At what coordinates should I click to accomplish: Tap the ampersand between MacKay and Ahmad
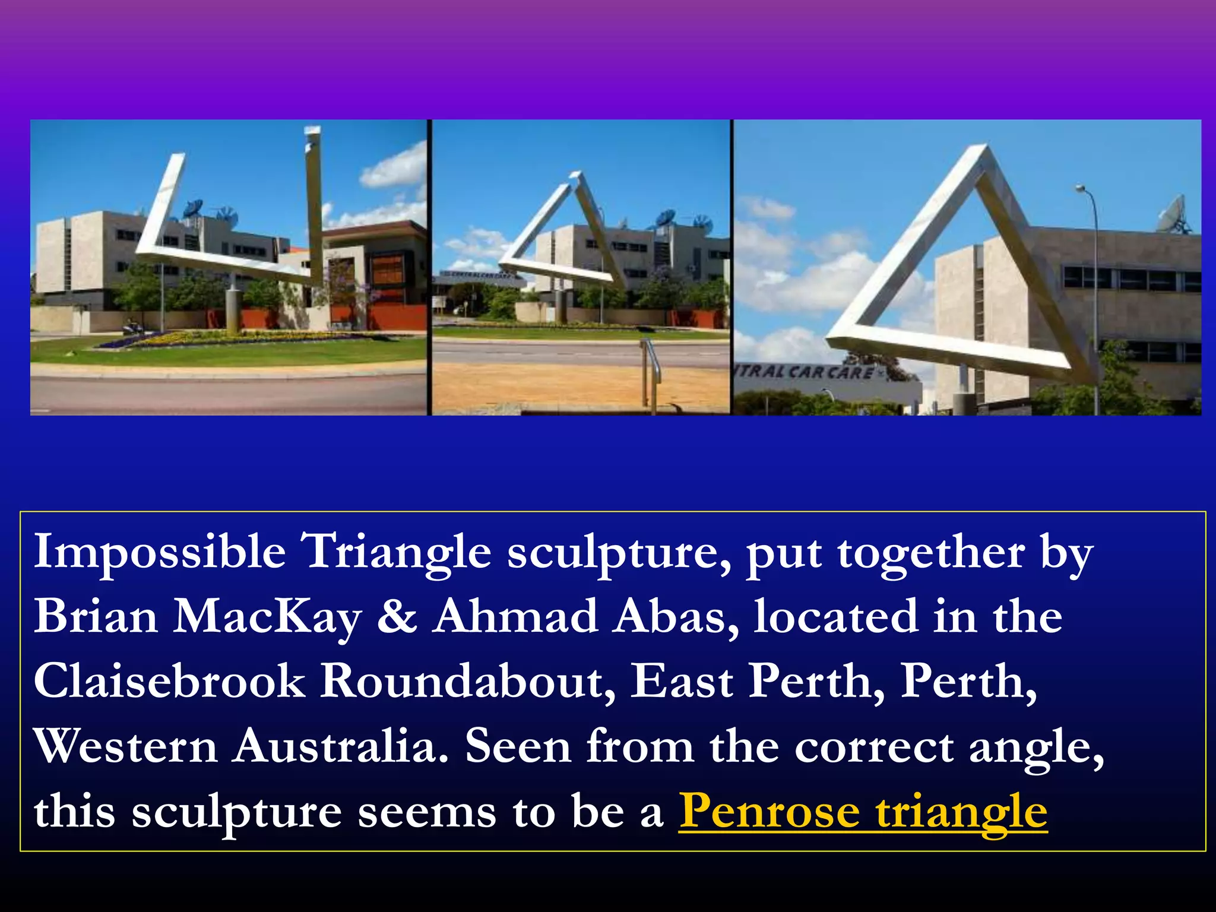(397, 616)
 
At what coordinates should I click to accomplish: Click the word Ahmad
(515, 616)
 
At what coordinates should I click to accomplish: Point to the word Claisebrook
(169, 681)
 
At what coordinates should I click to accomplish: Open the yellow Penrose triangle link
(863, 812)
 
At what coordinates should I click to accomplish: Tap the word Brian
(96, 616)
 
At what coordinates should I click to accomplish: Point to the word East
(681, 681)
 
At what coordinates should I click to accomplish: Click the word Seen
(518, 746)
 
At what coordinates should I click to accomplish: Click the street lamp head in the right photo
(1081, 189)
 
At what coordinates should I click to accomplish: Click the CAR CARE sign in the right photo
(807, 373)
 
